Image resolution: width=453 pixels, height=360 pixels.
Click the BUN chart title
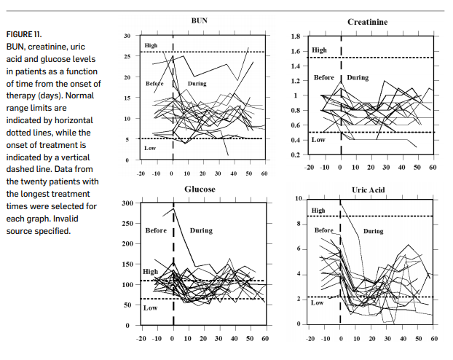199,20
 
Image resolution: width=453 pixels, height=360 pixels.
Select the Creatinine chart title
368,22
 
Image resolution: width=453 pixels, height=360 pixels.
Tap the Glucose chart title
200,189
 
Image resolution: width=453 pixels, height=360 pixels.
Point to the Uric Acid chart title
369,190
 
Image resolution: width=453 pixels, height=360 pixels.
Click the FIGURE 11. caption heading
24,34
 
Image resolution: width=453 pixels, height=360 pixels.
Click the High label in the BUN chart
151,45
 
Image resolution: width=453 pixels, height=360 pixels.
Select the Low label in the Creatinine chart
318,140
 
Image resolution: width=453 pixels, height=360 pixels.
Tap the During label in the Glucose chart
201,230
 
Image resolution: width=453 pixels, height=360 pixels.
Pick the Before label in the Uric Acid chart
324,230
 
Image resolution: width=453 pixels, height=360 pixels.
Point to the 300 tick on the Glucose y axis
127,203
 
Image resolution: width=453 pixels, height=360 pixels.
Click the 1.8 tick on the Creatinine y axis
296,36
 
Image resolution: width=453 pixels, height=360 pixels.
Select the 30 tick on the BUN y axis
127,36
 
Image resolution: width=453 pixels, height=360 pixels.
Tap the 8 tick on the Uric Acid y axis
299,224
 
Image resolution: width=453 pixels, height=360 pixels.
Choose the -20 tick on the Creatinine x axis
309,167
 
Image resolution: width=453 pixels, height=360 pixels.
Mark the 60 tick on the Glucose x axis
265,338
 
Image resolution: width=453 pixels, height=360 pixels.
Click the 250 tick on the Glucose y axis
127,224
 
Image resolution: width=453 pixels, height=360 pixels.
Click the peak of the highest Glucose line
173,208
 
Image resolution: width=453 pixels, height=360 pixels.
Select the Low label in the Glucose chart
150,308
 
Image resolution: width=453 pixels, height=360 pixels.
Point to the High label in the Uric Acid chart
318,211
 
